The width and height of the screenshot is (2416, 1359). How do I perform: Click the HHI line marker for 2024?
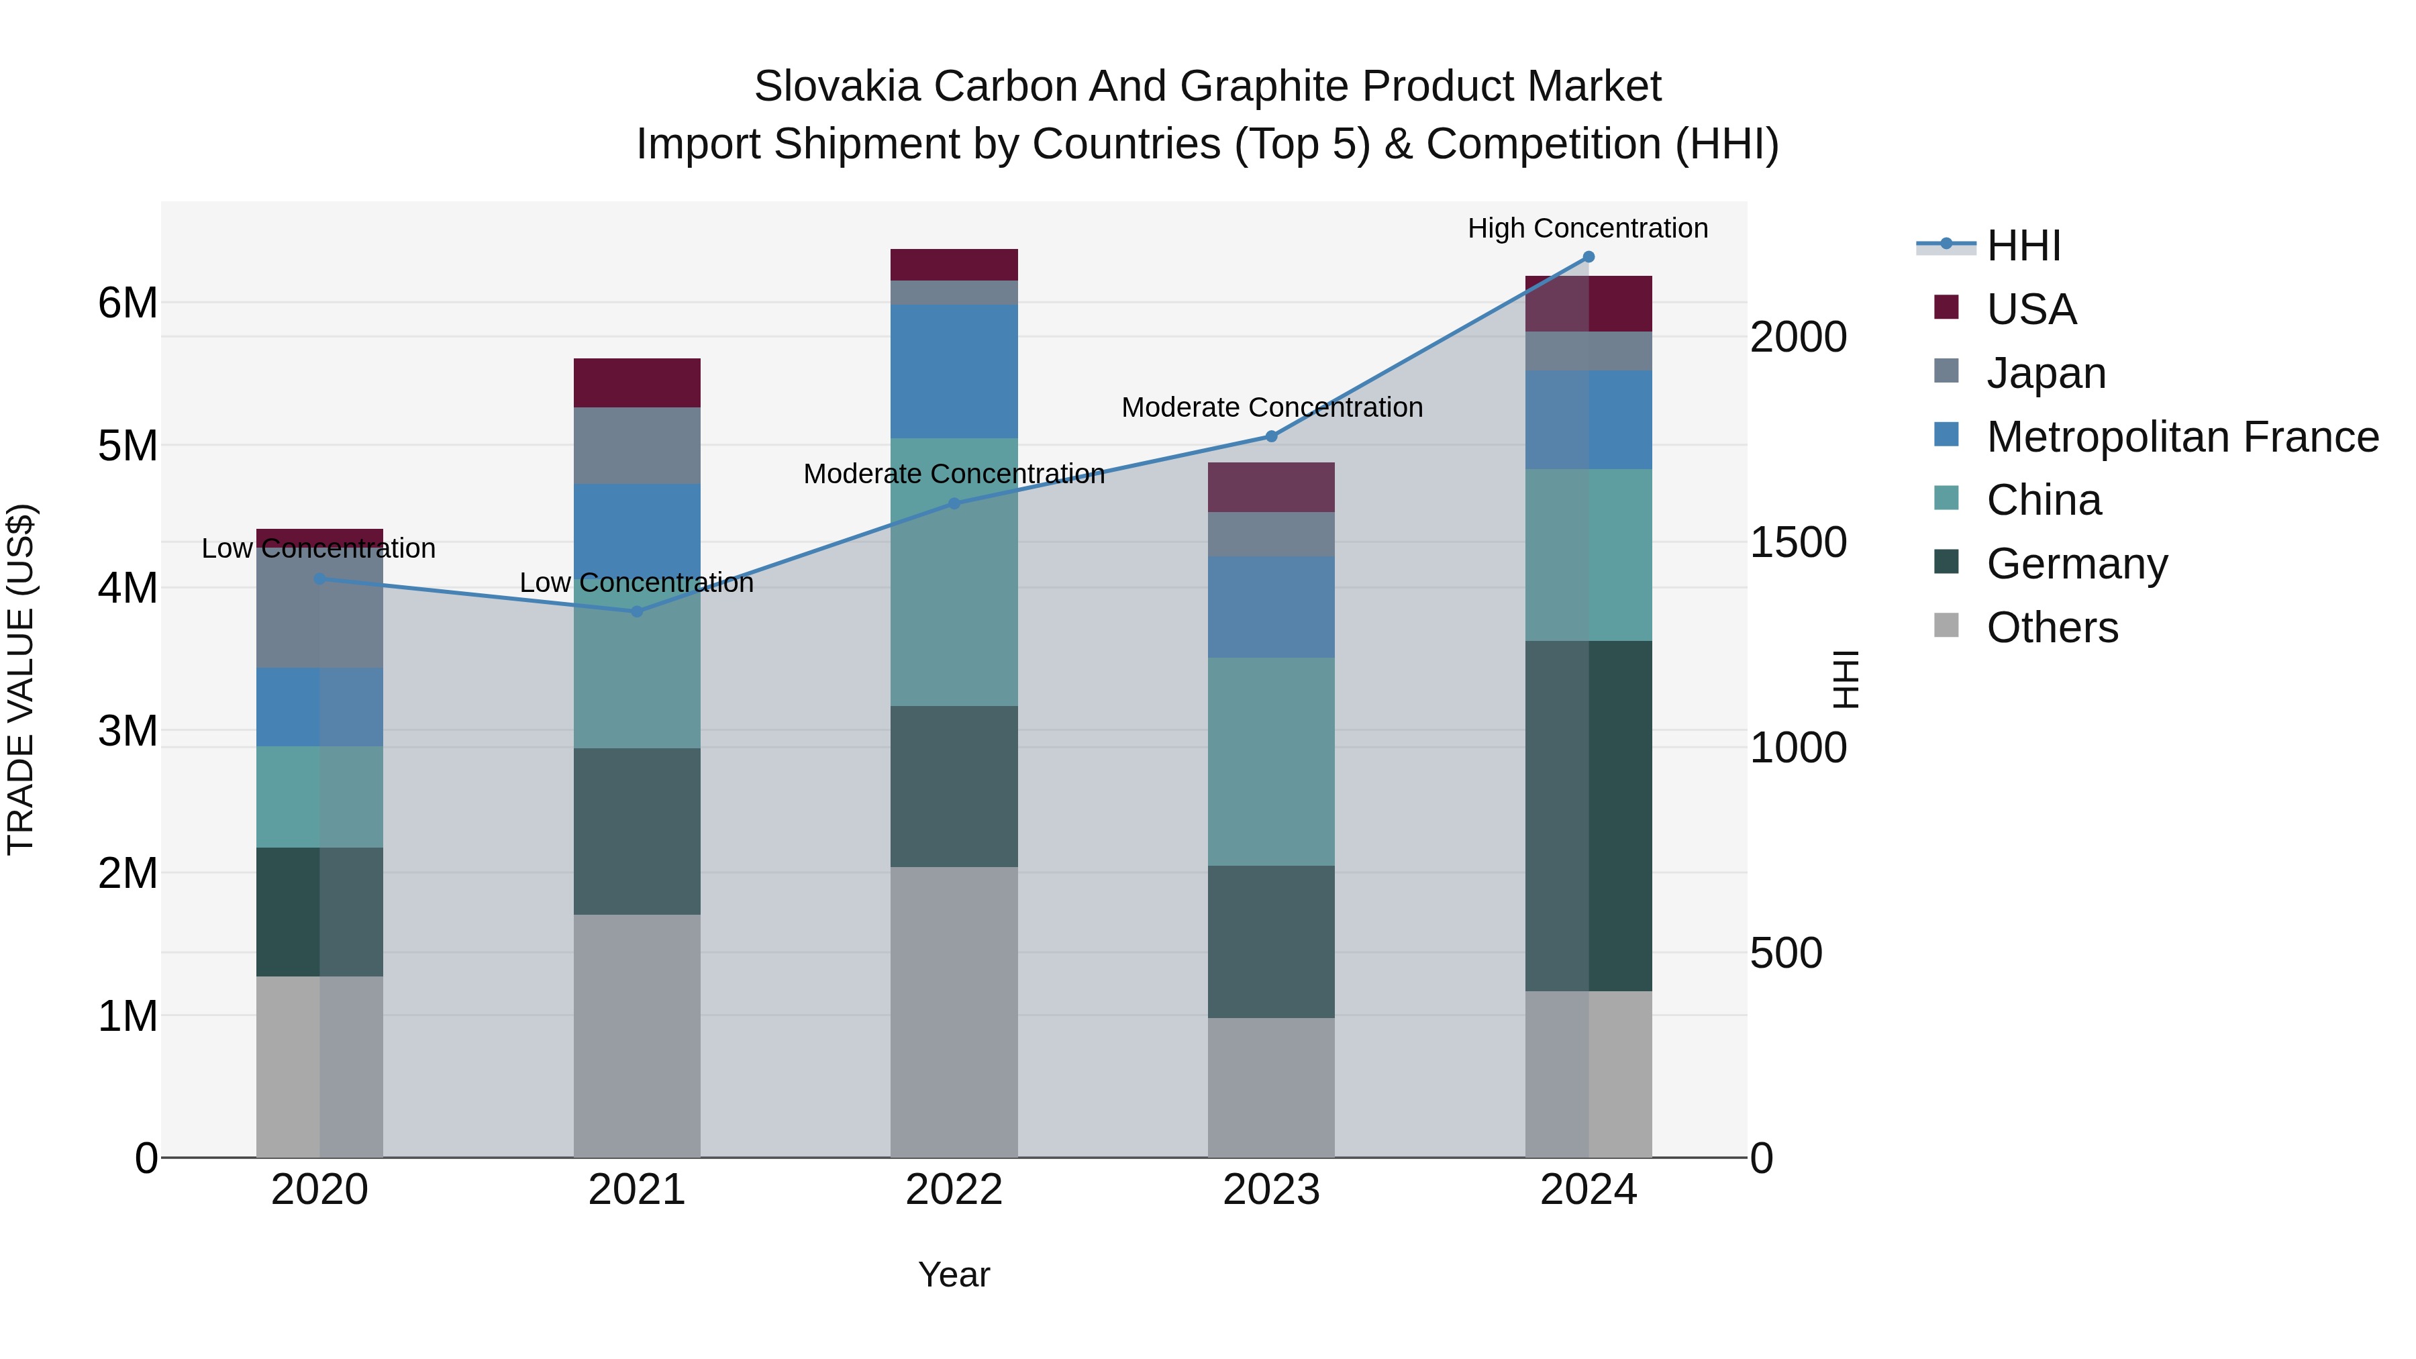pyautogui.click(x=1588, y=257)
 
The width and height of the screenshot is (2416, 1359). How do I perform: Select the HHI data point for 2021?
pyautogui.click(x=637, y=611)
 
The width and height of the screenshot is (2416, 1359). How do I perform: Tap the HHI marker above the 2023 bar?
pyautogui.click(x=1271, y=436)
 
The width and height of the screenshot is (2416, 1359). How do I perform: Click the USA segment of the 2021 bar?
pyautogui.click(x=637, y=383)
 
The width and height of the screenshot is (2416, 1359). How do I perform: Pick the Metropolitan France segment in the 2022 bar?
pyautogui.click(x=954, y=371)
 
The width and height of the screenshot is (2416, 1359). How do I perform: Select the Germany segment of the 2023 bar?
pyautogui.click(x=1271, y=942)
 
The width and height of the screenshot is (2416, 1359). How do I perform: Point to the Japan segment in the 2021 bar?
pyautogui.click(x=637, y=446)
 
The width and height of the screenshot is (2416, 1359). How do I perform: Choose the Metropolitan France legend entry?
pyautogui.click(x=2182, y=437)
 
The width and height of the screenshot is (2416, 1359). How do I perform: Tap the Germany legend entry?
pyautogui.click(x=2076, y=564)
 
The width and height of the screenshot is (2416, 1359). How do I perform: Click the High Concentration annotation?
pyautogui.click(x=1587, y=228)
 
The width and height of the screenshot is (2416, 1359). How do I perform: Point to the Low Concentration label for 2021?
pyautogui.click(x=636, y=583)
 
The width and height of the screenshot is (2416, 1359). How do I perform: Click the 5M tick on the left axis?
pyautogui.click(x=128, y=446)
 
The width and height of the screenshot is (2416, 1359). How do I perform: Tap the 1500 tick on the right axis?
pyautogui.click(x=1798, y=543)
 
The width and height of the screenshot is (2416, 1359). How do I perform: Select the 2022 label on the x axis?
pyautogui.click(x=954, y=1190)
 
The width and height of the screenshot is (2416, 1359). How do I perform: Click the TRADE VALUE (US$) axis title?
pyautogui.click(x=21, y=679)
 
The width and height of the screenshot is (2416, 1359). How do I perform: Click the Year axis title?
pyautogui.click(x=954, y=1274)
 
